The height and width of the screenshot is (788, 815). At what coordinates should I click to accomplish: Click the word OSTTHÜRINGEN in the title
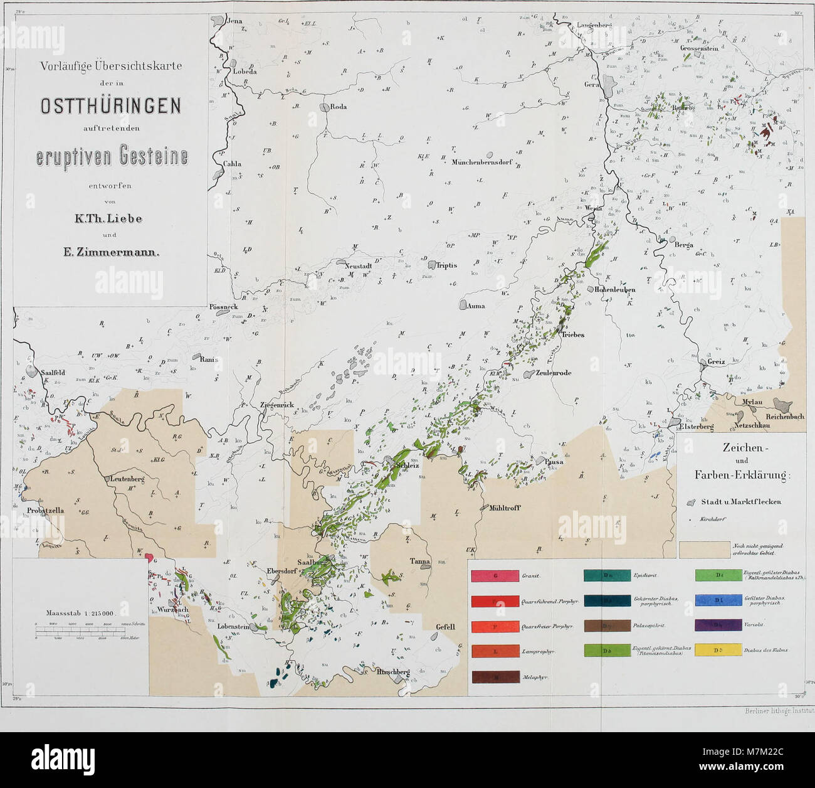(x=110, y=106)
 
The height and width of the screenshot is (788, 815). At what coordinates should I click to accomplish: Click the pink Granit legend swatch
(x=495, y=575)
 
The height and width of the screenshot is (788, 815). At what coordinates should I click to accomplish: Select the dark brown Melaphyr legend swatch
(x=495, y=677)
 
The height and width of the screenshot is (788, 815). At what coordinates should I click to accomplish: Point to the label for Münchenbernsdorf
(x=483, y=162)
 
